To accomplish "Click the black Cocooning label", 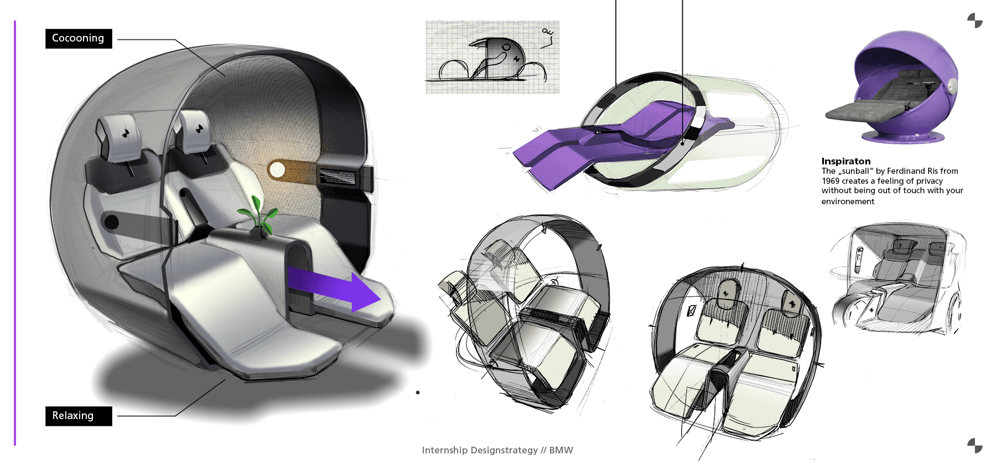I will coord(78,38).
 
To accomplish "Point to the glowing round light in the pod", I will coord(276,169).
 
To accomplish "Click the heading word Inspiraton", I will coord(845,161).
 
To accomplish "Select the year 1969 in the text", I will coord(831,181).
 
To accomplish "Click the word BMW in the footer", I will coord(561,450).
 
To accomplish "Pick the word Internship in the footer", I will coord(444,450).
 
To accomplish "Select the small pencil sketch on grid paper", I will coord(492,57).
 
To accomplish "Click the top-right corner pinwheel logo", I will coord(974,20).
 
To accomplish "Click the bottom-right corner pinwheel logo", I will coord(974,445).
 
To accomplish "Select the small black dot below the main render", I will coord(418,392).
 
